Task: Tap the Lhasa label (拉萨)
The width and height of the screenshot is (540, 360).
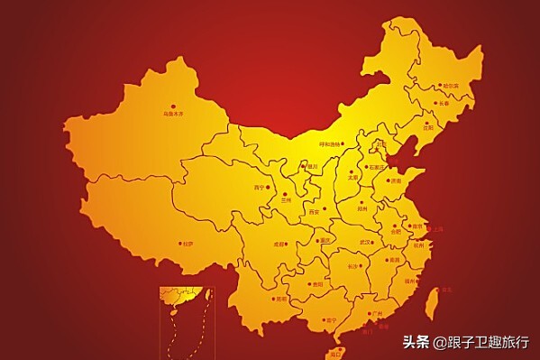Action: click(188, 243)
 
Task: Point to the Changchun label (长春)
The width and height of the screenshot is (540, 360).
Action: click(442, 104)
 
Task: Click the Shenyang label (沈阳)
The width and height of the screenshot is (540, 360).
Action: click(426, 127)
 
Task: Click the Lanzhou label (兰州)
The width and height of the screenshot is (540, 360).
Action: click(286, 199)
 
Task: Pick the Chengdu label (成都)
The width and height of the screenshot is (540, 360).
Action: click(279, 244)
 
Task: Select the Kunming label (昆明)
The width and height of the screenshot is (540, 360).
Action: click(280, 299)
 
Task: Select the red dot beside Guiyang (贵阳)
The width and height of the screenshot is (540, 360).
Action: click(308, 283)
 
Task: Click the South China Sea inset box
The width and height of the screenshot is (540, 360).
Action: click(186, 322)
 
